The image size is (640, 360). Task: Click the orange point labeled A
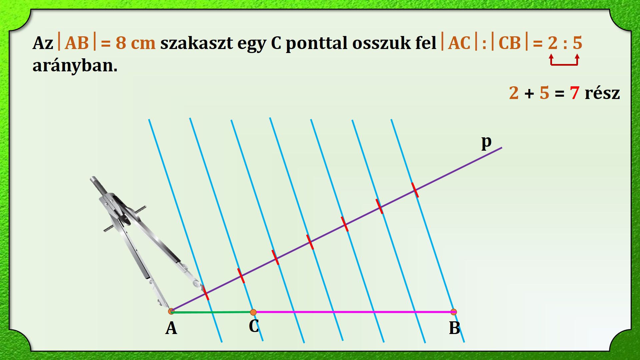pyautogui.click(x=171, y=311)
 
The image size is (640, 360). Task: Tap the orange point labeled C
pyautogui.click(x=253, y=312)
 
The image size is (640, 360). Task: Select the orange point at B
pyautogui.click(x=454, y=312)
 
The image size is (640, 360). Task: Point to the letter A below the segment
pyautogui.click(x=171, y=328)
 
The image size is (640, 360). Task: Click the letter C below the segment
pyautogui.click(x=254, y=326)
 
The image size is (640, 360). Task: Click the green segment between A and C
pyautogui.click(x=212, y=312)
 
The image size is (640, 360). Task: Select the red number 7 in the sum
pyautogui.click(x=575, y=93)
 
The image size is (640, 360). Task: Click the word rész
pyautogui.click(x=602, y=93)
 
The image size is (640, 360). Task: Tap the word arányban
pyautogui.click(x=75, y=66)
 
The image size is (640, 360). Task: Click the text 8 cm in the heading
pyautogui.click(x=136, y=43)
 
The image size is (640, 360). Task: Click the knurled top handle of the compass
pyautogui.click(x=98, y=185)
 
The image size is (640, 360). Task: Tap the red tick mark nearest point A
pyautogui.click(x=206, y=293)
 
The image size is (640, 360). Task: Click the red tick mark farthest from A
pyautogui.click(x=415, y=190)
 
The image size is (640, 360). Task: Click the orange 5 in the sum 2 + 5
pyautogui.click(x=544, y=93)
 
